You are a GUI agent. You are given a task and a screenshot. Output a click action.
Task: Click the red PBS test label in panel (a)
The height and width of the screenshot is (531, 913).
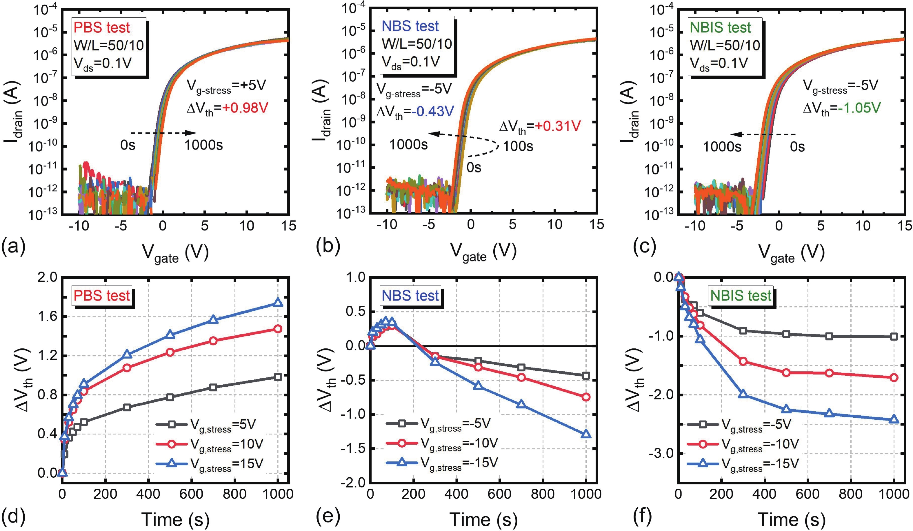point(101,28)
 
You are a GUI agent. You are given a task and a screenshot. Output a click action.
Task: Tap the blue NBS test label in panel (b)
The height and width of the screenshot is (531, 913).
point(410,26)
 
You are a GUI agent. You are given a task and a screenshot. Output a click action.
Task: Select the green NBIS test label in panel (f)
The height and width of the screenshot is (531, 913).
point(741,296)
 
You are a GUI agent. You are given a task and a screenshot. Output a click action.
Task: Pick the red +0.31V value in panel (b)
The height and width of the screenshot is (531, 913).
point(558,126)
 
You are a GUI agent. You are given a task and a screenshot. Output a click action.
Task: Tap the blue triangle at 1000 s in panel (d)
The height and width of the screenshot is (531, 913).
point(278,302)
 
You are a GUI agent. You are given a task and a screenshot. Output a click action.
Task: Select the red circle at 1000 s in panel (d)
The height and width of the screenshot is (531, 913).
point(278,329)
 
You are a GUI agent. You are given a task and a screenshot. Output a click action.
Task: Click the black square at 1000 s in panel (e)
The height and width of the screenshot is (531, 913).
point(586,376)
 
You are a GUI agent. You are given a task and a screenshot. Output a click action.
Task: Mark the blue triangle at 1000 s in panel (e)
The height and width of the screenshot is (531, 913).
point(586,434)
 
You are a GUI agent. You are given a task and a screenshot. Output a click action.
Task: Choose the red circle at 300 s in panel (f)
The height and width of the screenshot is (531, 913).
point(743,361)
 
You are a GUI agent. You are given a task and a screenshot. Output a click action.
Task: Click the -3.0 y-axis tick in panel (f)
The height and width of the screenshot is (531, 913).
point(664,454)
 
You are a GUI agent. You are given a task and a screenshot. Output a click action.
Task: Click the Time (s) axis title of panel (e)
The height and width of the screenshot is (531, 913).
point(483,519)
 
